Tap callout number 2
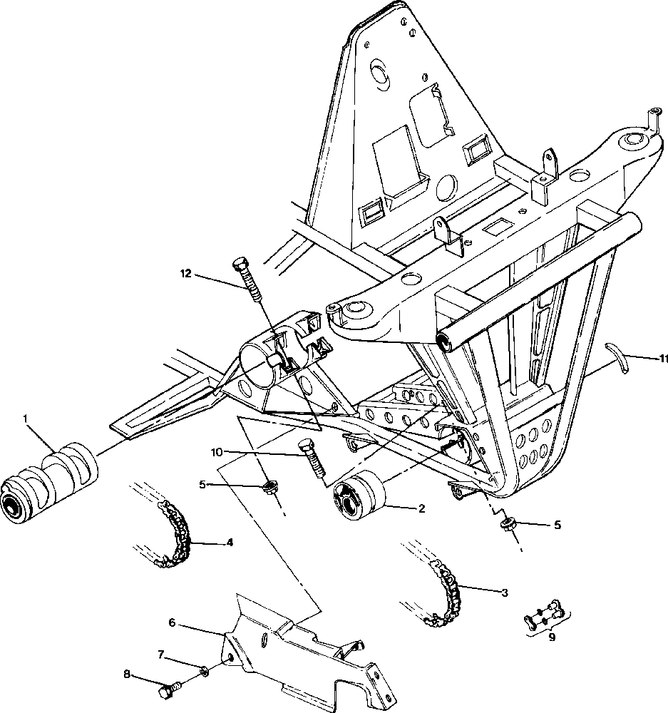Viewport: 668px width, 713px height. pos(421,509)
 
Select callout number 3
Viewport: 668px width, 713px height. pos(505,593)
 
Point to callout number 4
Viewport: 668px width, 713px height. pos(230,543)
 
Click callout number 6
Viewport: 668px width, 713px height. pos(171,622)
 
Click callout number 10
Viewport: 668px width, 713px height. pos(217,452)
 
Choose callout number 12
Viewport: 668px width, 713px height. pos(185,273)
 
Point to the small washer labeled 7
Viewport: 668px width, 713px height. pos(203,669)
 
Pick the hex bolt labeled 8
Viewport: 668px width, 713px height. pos(169,691)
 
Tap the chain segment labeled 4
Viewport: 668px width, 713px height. pos(177,535)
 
